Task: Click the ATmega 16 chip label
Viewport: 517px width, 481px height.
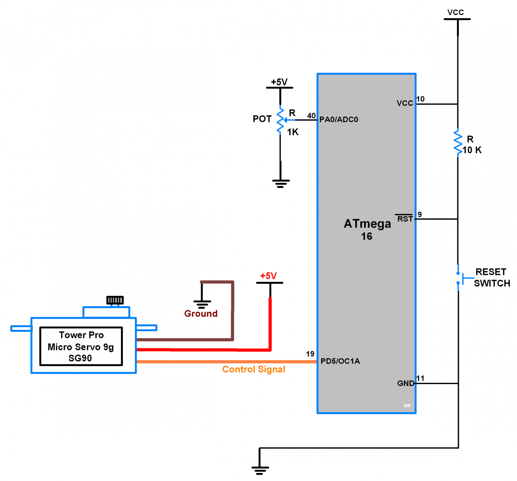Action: [367, 229]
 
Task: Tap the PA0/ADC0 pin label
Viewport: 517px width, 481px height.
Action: [339, 119]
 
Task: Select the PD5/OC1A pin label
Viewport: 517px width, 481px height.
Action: [340, 361]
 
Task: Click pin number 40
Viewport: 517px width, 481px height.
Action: [311, 116]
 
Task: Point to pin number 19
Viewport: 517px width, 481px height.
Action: [310, 354]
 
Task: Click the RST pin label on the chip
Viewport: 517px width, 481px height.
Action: [404, 219]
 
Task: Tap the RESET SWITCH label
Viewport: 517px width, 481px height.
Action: [491, 277]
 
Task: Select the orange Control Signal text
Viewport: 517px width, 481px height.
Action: [254, 369]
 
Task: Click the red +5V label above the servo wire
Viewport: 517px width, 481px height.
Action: [268, 276]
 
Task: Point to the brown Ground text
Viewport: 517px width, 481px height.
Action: [201, 313]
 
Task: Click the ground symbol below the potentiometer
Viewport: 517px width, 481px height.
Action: [280, 184]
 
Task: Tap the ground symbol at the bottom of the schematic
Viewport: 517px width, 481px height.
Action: [260, 470]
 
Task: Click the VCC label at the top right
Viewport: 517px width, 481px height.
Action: [456, 12]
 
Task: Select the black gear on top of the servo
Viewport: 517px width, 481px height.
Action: [115, 300]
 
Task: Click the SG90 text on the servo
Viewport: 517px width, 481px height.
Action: [80, 358]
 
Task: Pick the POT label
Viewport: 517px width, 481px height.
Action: [262, 119]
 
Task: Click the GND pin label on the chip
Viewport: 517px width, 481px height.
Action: [405, 383]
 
